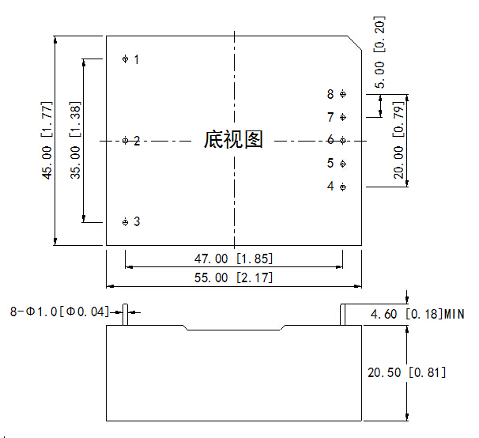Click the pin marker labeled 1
(126, 59)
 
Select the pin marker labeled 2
(126, 141)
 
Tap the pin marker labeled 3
(126, 222)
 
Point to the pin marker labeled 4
(342, 187)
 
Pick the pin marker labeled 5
(342, 164)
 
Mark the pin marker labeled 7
(342, 117)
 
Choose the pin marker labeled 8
(342, 94)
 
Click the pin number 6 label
(330, 140)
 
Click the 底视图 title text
(233, 140)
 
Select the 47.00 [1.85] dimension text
(233, 259)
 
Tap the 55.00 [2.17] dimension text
(233, 278)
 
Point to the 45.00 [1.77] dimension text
(48, 141)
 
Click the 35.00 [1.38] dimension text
(75, 141)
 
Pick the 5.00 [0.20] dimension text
(380, 52)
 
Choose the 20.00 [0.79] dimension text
(399, 141)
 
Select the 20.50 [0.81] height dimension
(407, 372)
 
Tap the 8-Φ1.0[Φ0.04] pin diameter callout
(59, 312)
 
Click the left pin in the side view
(126, 313)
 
